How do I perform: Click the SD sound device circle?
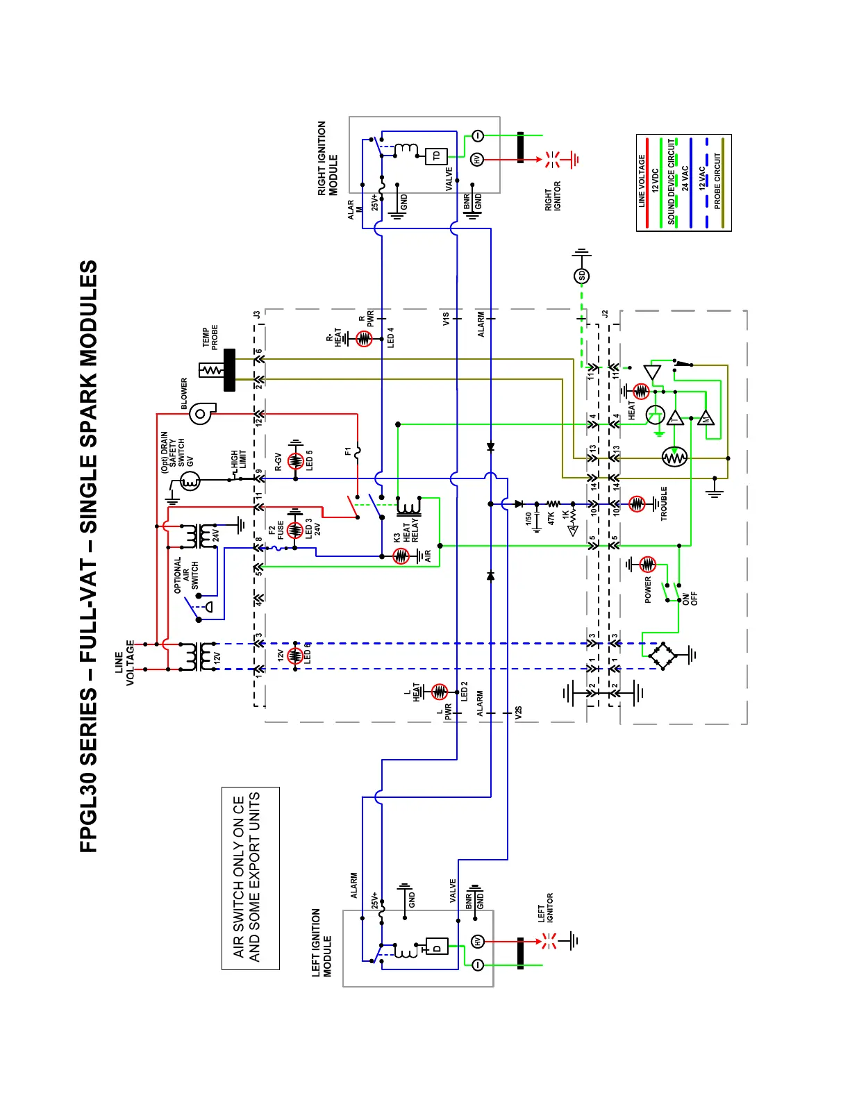point(582,276)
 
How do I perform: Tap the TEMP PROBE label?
point(210,338)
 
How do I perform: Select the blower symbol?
point(201,414)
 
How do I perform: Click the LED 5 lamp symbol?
point(296,460)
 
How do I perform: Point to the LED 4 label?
point(390,337)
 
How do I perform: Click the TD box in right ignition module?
point(436,156)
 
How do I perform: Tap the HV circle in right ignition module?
point(477,159)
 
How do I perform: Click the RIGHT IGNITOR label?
point(553,197)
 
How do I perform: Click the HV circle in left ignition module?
point(478,942)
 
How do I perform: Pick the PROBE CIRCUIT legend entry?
point(718,181)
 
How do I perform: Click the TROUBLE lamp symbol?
point(637,504)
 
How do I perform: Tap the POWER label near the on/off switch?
point(648,590)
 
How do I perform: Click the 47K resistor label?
point(551,518)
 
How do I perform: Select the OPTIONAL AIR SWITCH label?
point(186,575)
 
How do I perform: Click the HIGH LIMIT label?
point(239,459)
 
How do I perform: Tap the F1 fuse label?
point(348,451)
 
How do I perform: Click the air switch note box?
point(251,878)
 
